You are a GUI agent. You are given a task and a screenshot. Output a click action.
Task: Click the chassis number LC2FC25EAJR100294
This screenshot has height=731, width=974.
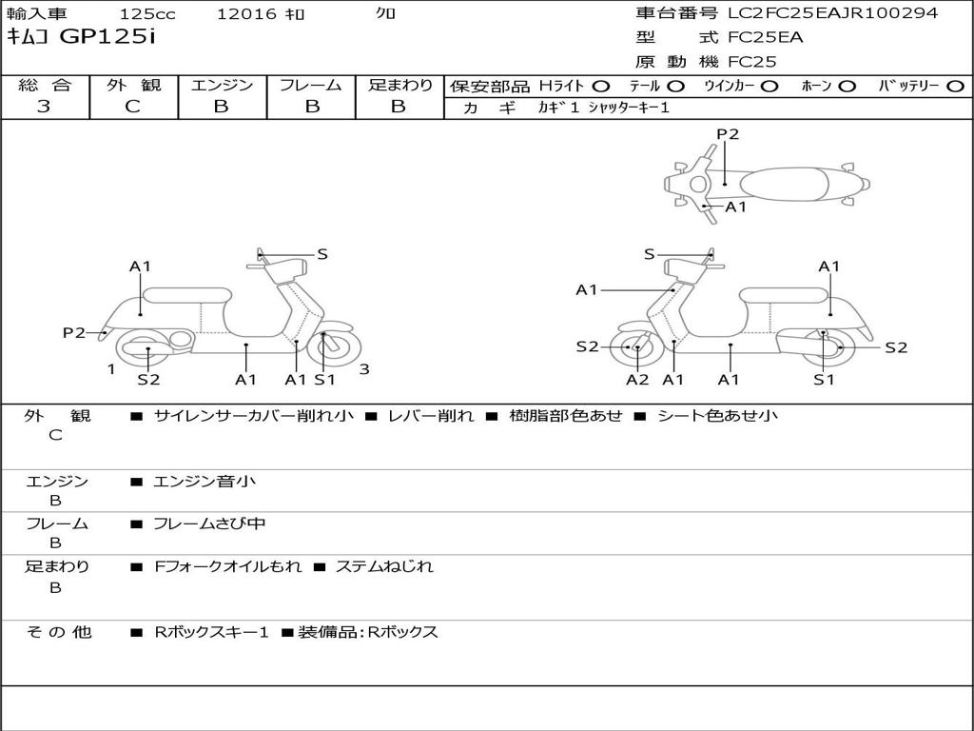832,13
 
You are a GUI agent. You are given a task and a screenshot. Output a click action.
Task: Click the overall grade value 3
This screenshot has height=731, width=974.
44,107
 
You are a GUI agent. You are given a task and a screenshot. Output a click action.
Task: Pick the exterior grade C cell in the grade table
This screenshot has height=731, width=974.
132,107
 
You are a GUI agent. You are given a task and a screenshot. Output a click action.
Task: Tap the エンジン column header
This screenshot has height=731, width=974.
222,85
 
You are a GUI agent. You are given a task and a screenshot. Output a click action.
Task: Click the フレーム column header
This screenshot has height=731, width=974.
311,85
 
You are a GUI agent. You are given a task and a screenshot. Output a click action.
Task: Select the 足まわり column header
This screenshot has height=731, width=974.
399,85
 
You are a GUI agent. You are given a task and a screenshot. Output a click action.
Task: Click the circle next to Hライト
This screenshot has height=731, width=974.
601,86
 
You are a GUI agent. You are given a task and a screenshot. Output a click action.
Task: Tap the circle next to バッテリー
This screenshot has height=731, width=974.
955,86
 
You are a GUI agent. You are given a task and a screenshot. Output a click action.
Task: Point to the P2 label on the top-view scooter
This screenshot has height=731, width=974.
728,134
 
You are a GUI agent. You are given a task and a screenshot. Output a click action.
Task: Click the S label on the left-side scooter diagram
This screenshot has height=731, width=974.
322,254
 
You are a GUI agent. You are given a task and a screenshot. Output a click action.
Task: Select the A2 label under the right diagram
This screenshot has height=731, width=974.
637,380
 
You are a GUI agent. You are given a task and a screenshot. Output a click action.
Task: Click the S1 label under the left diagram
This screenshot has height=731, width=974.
325,380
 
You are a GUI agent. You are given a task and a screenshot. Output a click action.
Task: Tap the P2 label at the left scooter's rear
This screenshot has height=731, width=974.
74,332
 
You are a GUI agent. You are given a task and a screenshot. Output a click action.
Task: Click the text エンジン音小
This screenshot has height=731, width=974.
205,482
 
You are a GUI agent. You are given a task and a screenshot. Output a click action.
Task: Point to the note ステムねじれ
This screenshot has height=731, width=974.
384,566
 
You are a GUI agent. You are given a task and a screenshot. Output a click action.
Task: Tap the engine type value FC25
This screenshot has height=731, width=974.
752,62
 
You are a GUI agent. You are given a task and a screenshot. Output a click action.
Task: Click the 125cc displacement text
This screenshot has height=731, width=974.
146,14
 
